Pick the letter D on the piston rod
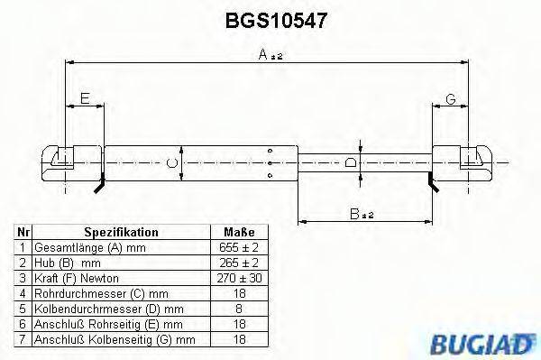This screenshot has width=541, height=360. [351, 162]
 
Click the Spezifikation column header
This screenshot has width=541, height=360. [121, 232]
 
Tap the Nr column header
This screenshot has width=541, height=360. [23, 232]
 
